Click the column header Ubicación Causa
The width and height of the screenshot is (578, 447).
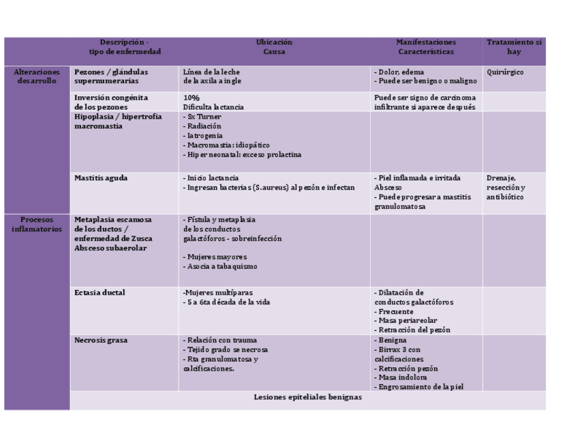(x=274, y=47)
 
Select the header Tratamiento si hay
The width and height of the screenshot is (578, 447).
(x=514, y=47)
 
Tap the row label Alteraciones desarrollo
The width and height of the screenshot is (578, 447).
(x=37, y=76)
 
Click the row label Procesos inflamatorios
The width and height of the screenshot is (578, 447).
(x=37, y=225)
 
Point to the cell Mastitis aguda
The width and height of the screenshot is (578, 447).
(x=101, y=178)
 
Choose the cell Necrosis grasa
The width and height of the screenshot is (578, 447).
(x=101, y=340)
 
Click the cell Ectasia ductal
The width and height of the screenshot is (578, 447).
(x=100, y=293)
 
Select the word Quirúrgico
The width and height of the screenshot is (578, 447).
(x=505, y=72)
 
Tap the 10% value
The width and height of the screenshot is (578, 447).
(x=191, y=98)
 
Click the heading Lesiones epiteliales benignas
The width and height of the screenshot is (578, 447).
(x=307, y=396)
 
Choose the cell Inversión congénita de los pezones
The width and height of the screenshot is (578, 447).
(x=110, y=102)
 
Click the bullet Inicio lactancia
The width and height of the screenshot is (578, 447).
(x=211, y=178)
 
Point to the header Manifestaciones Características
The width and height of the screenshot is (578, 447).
(x=426, y=47)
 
